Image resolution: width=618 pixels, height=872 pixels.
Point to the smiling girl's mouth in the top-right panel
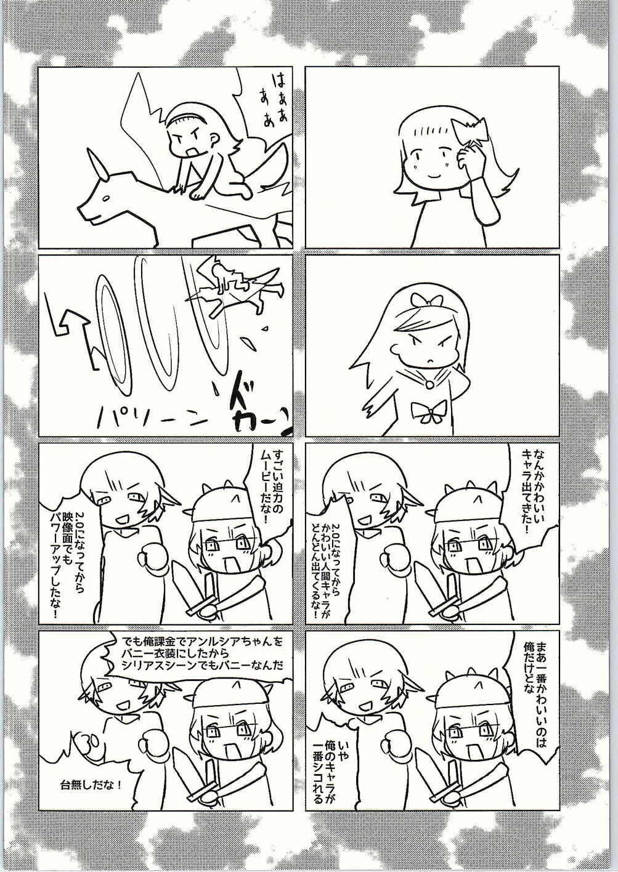click(433, 174)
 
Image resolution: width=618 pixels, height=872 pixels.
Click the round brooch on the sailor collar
click(431, 383)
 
